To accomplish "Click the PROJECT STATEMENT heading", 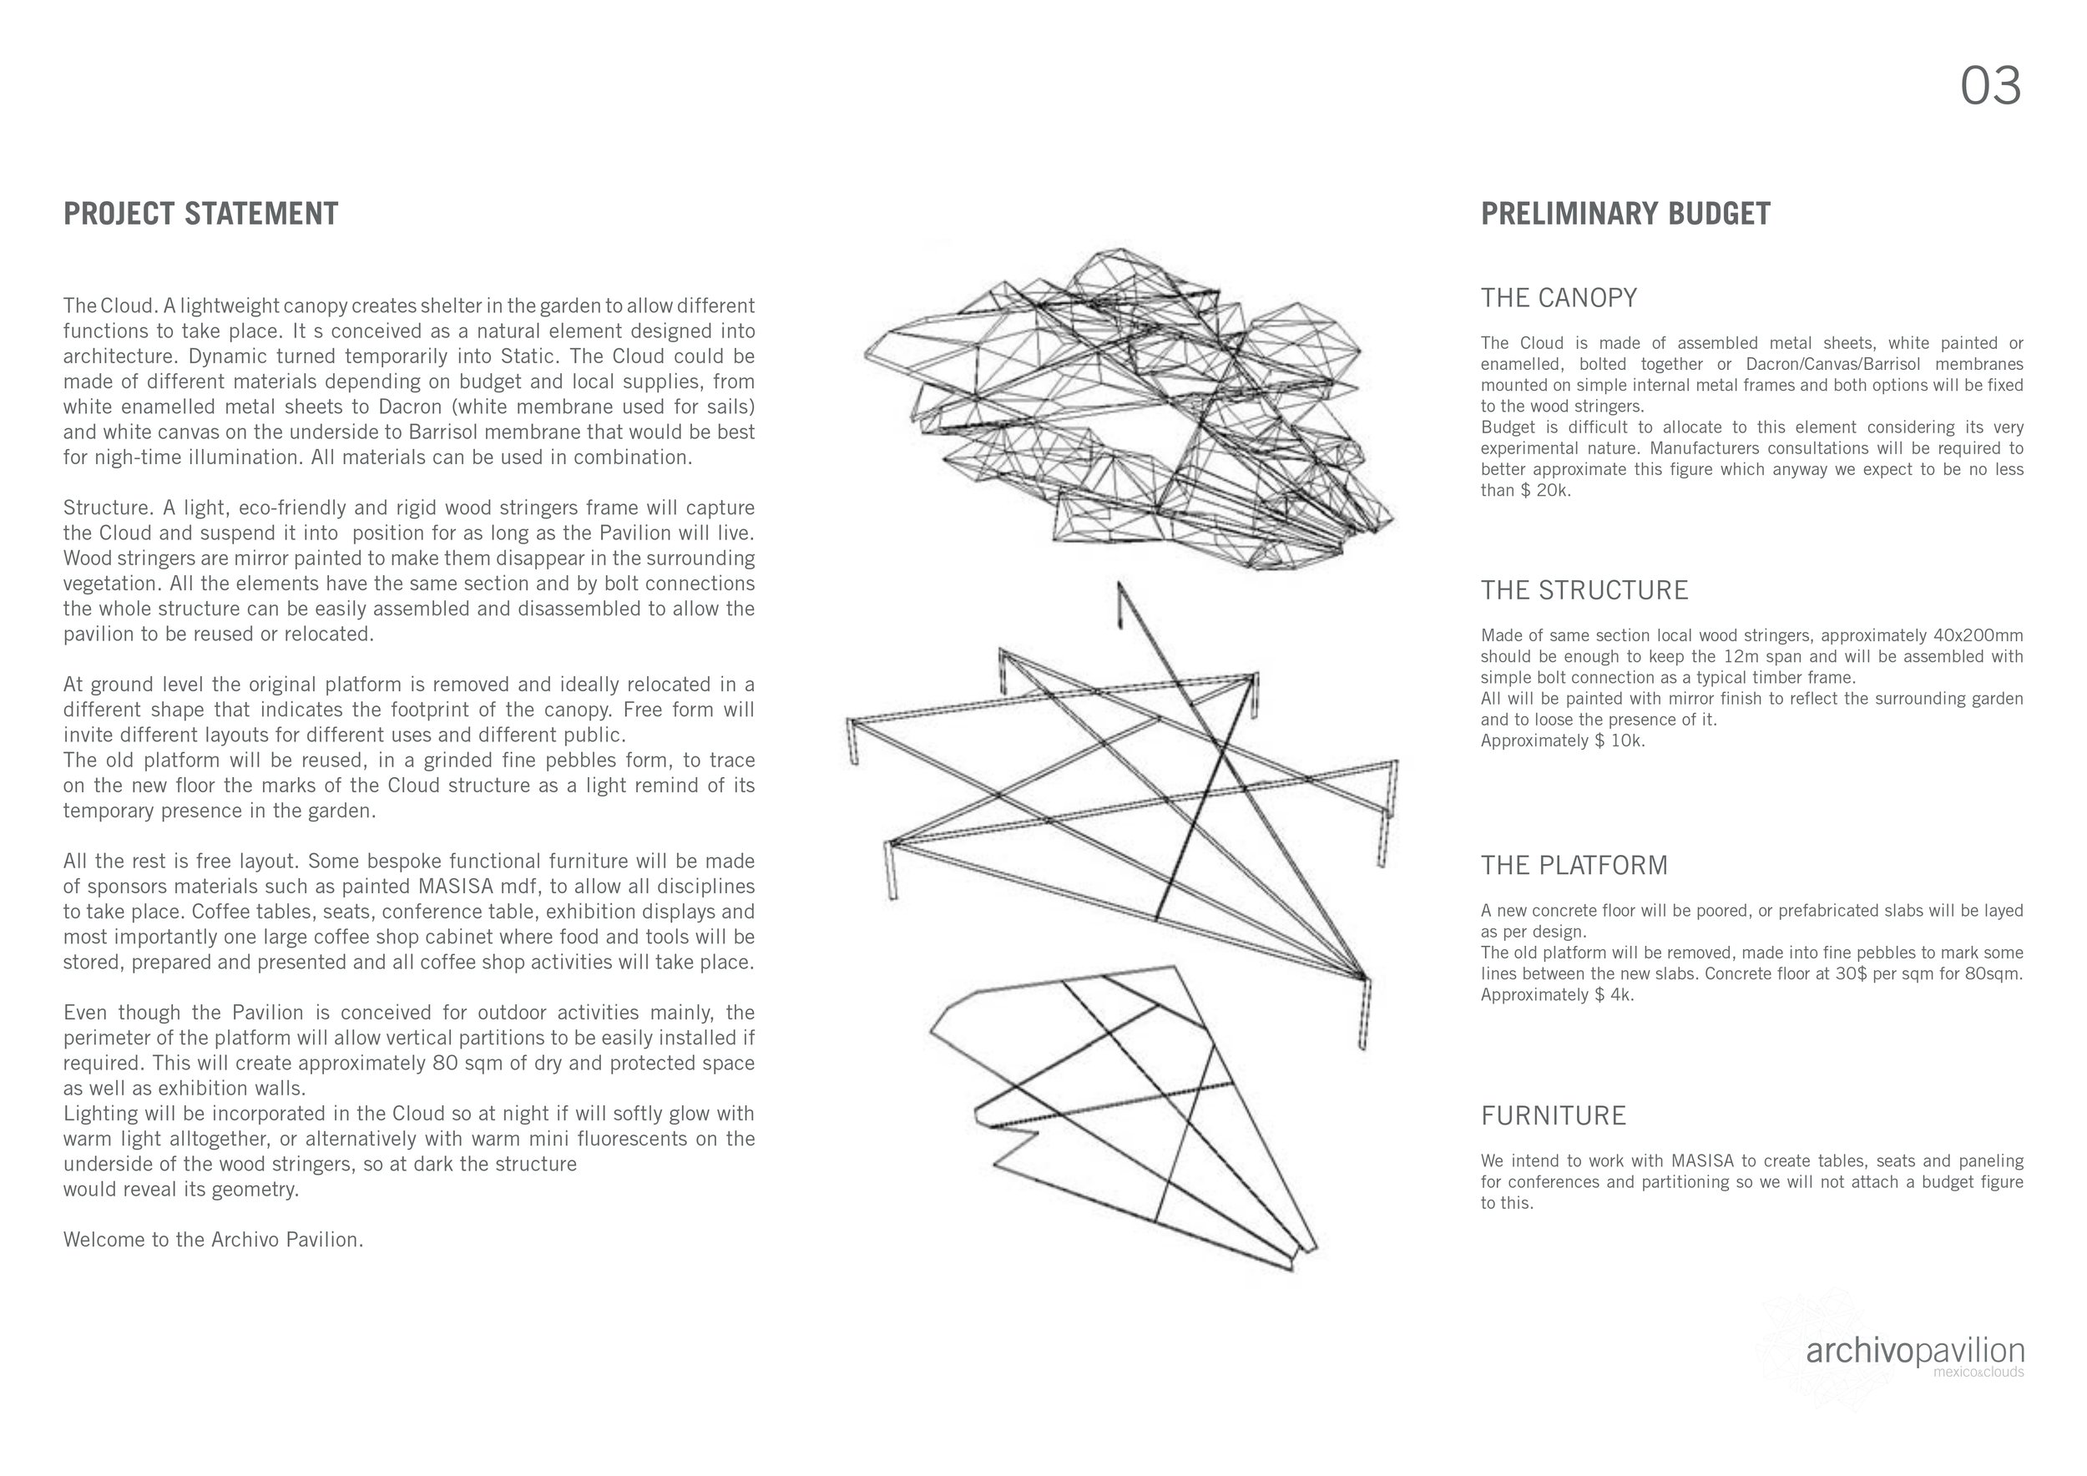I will tap(201, 215).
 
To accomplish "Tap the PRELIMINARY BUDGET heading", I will tap(1625, 215).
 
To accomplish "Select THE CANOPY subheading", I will tap(1559, 298).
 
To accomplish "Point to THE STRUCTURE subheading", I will tap(1584, 591).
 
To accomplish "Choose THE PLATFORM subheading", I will tap(1574, 865).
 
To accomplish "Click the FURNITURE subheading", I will tap(1554, 1116).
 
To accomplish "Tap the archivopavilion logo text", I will tap(1914, 1352).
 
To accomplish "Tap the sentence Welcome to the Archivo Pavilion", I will tap(214, 1240).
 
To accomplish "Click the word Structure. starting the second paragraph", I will tap(104, 508).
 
